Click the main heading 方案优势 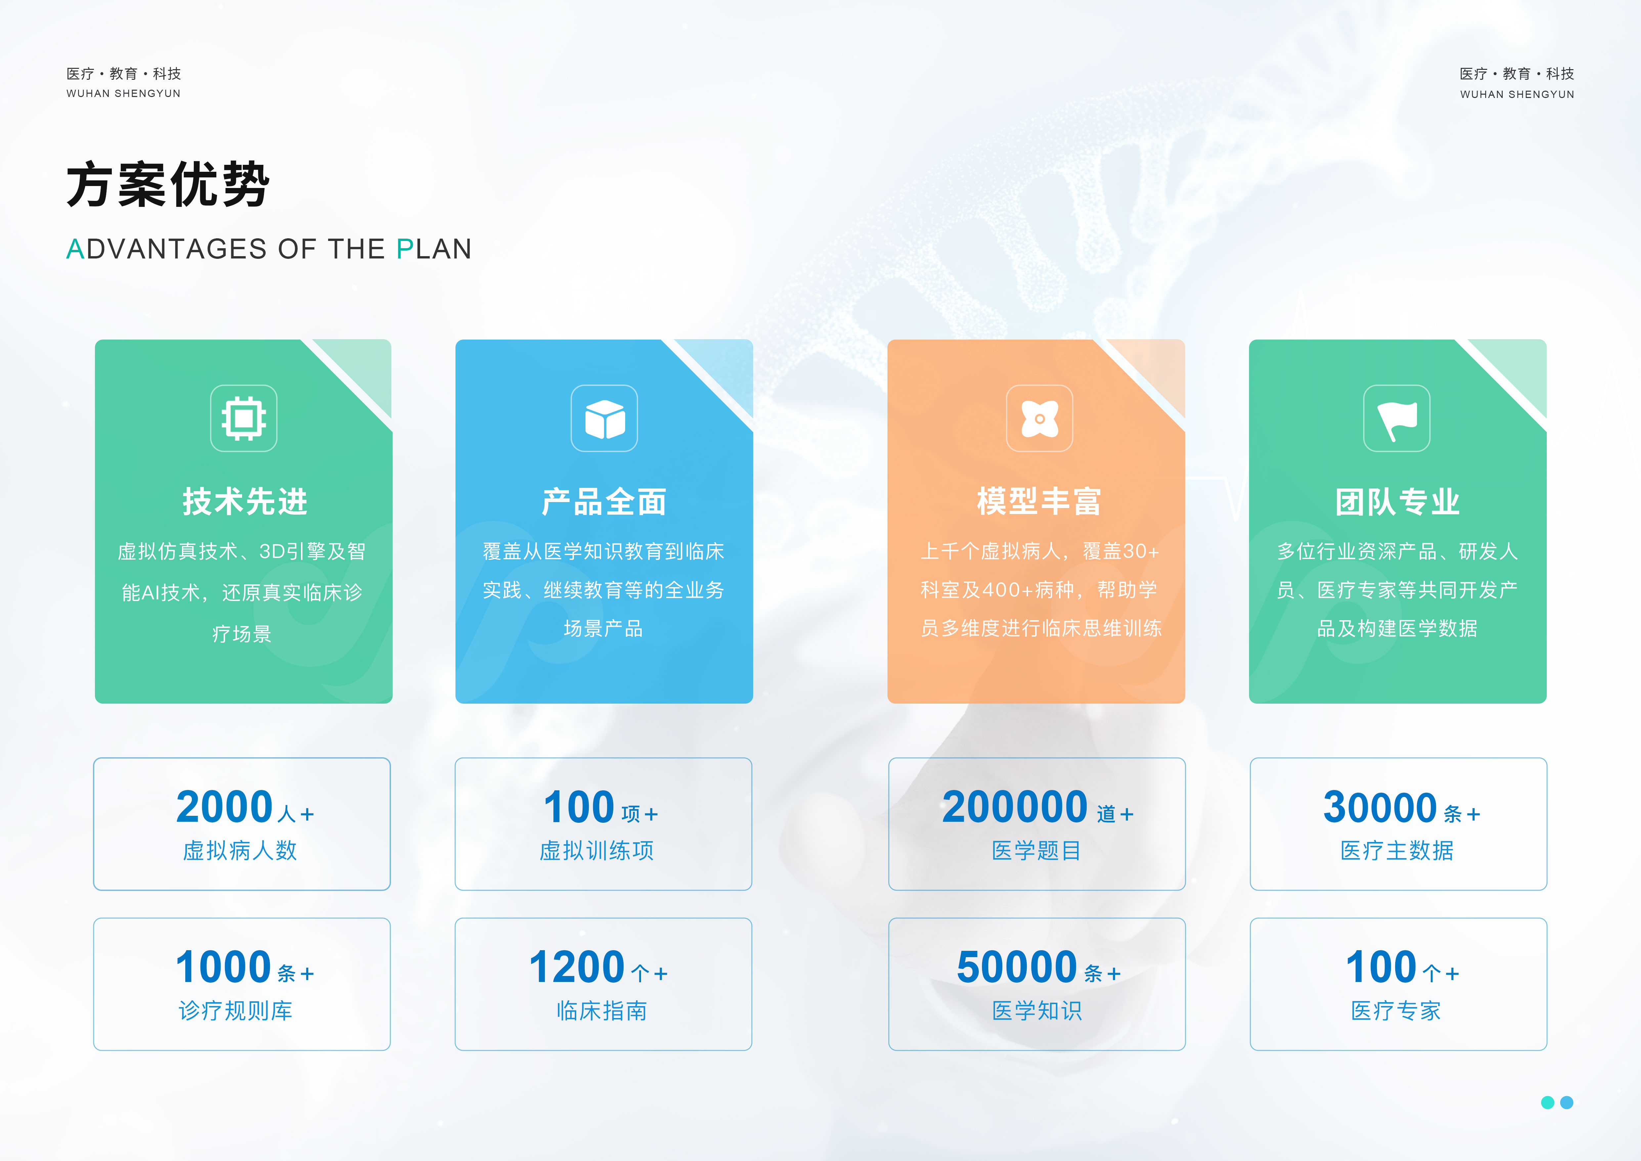tap(168, 184)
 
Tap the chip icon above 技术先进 tap(244, 418)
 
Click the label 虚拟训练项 tap(597, 851)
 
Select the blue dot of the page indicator tap(1567, 1102)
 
